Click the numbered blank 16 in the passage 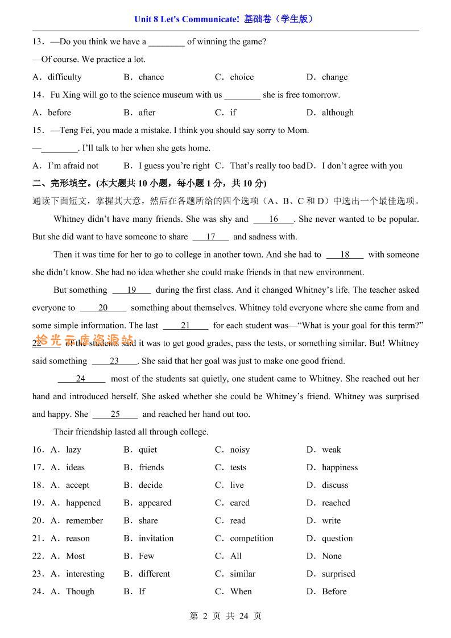[274, 219]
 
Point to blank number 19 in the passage [131, 290]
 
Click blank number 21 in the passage [185, 326]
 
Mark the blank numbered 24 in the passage [81, 379]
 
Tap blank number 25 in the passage [115, 414]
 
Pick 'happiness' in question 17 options [340, 467]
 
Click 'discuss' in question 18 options [335, 485]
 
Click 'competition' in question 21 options [251, 538]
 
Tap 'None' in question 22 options [332, 556]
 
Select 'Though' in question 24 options [80, 591]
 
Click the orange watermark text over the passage [84, 341]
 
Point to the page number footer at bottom [225, 616]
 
